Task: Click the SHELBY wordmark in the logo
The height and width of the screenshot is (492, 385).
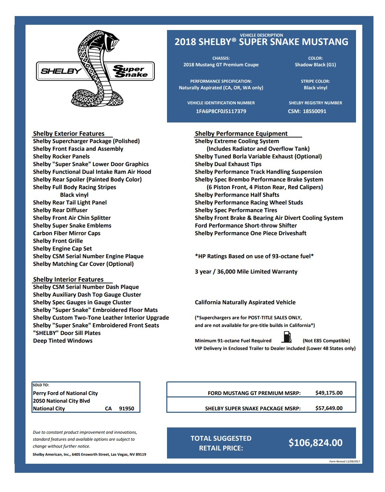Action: [x=61, y=71]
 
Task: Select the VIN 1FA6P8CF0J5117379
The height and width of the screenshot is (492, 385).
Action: [x=221, y=111]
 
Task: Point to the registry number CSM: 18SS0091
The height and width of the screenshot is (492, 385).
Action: [x=307, y=111]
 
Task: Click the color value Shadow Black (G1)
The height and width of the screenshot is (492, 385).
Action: [x=315, y=65]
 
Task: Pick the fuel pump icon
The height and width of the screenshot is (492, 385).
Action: [x=287, y=337]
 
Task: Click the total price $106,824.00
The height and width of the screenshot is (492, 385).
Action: [x=315, y=443]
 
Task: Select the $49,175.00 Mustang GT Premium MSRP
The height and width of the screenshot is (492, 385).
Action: [x=329, y=393]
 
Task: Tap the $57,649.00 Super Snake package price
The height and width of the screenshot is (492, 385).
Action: [x=329, y=408]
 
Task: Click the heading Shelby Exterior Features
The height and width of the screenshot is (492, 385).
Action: [x=69, y=134]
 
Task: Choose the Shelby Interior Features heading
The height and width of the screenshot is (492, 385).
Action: [x=68, y=279]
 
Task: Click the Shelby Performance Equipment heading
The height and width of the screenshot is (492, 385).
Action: [x=241, y=134]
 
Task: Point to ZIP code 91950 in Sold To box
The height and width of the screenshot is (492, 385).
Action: [x=126, y=409]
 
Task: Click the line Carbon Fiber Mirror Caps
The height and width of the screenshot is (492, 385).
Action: [x=67, y=233]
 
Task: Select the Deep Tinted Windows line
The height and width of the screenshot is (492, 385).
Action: [x=63, y=341]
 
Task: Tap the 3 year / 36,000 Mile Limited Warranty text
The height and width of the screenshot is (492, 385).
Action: [x=246, y=272]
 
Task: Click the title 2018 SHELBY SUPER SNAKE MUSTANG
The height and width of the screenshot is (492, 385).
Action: [x=261, y=42]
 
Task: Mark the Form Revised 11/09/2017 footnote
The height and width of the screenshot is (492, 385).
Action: [x=344, y=461]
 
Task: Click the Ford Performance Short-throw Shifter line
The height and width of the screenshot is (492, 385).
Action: [x=246, y=226]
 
